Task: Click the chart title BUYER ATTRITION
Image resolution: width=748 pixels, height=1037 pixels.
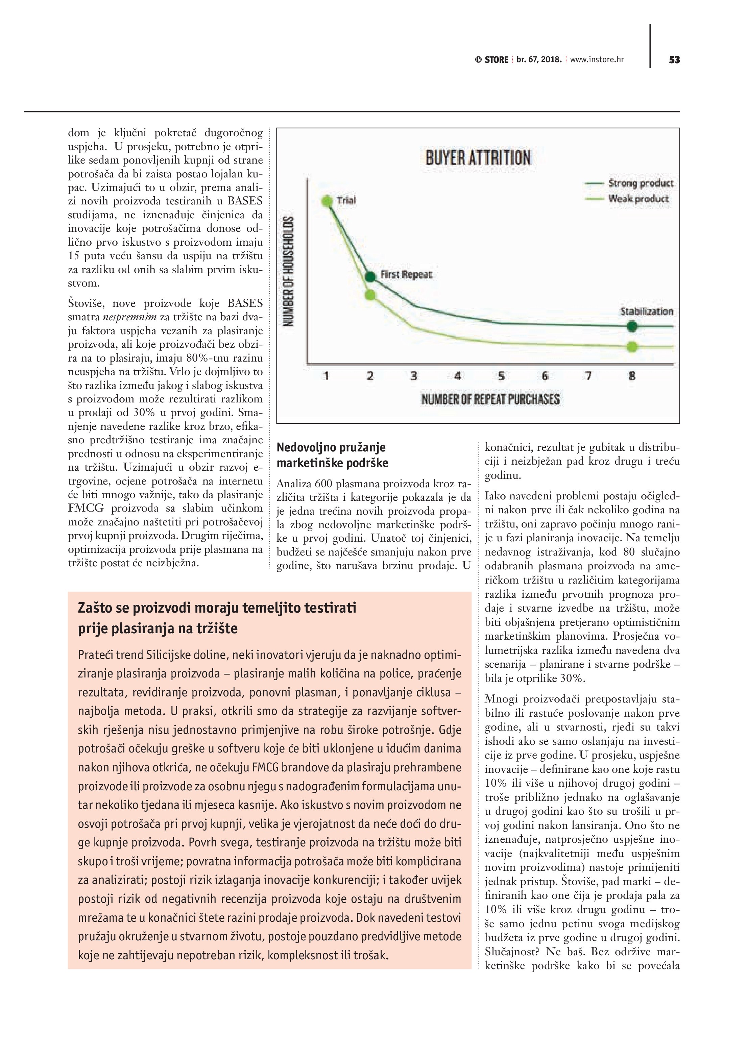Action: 478,158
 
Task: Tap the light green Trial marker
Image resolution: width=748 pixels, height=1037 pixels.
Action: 327,201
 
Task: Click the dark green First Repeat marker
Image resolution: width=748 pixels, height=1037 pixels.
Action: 371,276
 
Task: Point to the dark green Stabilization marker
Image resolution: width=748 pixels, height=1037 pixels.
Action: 632,326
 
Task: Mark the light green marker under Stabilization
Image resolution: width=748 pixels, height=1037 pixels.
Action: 632,347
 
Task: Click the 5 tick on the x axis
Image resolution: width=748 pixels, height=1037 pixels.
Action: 501,376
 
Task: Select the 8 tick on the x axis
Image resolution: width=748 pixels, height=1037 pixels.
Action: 632,376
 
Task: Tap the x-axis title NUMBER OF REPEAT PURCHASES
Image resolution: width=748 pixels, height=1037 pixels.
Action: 490,399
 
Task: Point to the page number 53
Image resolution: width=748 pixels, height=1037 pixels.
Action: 674,60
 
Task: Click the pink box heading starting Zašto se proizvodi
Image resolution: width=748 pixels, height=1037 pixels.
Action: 217,618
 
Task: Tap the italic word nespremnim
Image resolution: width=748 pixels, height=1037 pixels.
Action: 130,317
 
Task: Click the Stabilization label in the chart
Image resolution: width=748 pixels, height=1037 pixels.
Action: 647,312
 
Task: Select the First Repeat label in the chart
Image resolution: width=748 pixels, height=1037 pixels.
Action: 406,274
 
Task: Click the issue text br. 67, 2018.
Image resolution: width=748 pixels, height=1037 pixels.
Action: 539,60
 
